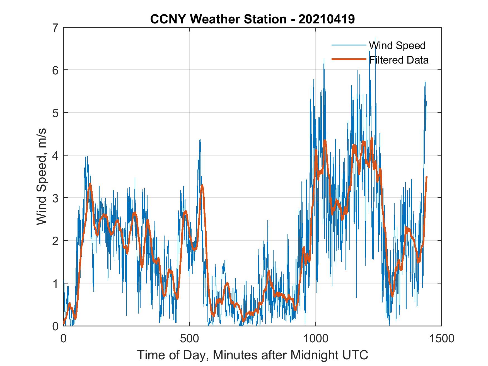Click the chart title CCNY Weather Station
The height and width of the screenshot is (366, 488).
(218, 19)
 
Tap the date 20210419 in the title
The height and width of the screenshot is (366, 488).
(327, 19)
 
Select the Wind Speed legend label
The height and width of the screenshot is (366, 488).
(397, 45)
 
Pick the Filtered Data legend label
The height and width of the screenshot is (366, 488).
(398, 60)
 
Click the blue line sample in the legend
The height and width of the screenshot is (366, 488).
(349, 45)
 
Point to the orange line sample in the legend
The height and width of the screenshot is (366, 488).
(349, 59)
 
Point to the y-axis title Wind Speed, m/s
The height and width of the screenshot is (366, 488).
(42, 177)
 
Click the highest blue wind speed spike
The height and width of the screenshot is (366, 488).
(375, 38)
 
